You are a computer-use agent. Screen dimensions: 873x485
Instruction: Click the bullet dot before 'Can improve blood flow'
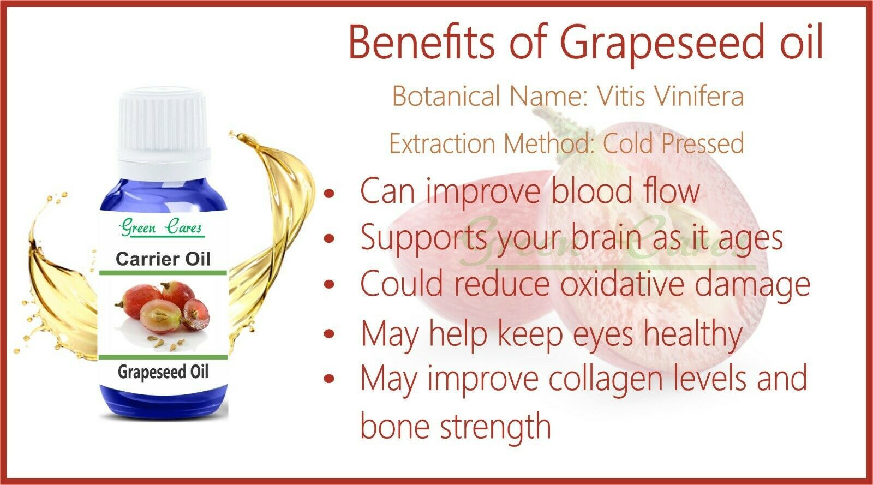[330, 193]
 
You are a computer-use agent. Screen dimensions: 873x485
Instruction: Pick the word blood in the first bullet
[591, 190]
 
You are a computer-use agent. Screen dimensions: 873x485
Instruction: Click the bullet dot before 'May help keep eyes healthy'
[330, 333]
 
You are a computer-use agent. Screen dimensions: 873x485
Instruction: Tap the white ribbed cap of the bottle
[164, 129]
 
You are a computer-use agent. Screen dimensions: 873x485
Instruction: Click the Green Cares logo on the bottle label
[162, 227]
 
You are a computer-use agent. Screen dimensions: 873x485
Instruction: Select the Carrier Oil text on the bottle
[163, 259]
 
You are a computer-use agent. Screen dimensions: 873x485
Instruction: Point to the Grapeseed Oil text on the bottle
[163, 372]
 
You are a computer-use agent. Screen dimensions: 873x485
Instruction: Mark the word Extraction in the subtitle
[443, 143]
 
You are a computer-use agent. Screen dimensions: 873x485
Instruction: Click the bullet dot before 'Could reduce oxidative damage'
[330, 284]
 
